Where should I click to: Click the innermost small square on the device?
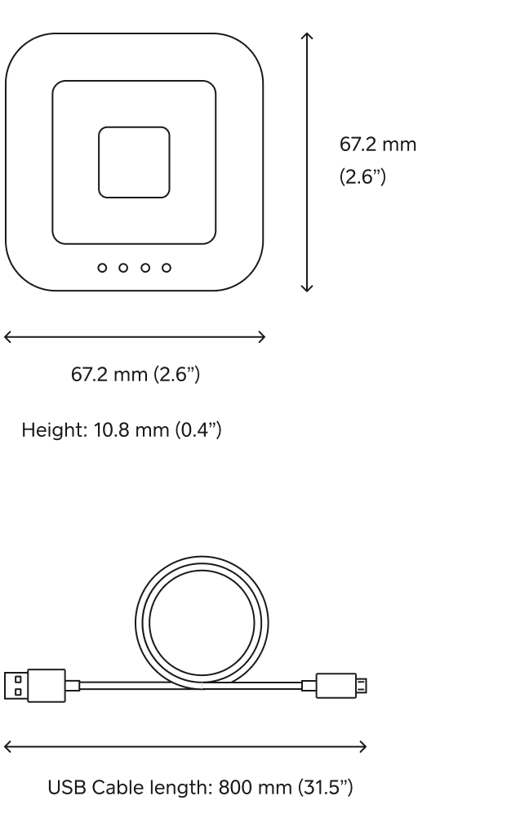135,162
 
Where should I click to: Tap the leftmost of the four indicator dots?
102,267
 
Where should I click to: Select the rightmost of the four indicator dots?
167,267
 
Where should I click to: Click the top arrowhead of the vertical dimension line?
307,36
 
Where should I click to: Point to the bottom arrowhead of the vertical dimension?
307,289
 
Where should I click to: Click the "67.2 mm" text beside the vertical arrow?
377,145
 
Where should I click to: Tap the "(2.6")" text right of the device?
362,177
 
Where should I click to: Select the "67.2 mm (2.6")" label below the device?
135,375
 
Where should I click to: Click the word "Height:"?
51,429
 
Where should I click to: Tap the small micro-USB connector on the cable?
340,684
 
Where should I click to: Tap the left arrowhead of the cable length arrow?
7,745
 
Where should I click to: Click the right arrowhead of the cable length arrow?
363,745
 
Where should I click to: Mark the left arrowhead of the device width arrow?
7,336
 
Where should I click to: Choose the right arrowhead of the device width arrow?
262,336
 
